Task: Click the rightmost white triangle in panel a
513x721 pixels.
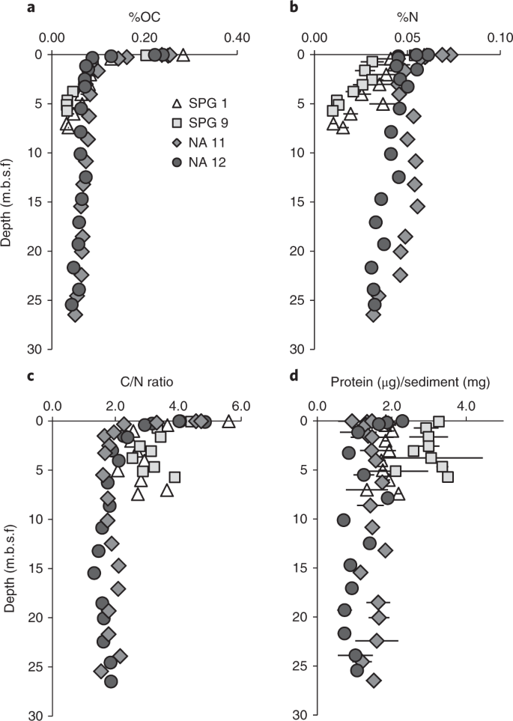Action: [x=182, y=53]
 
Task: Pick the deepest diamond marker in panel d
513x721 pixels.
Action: [x=374, y=680]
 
